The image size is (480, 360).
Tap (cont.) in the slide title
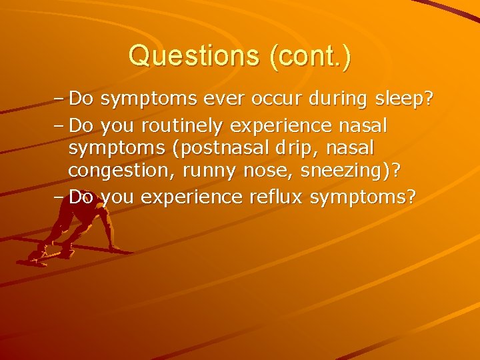310,56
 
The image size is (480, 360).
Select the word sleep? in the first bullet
403,100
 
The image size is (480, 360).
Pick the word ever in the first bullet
232,100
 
